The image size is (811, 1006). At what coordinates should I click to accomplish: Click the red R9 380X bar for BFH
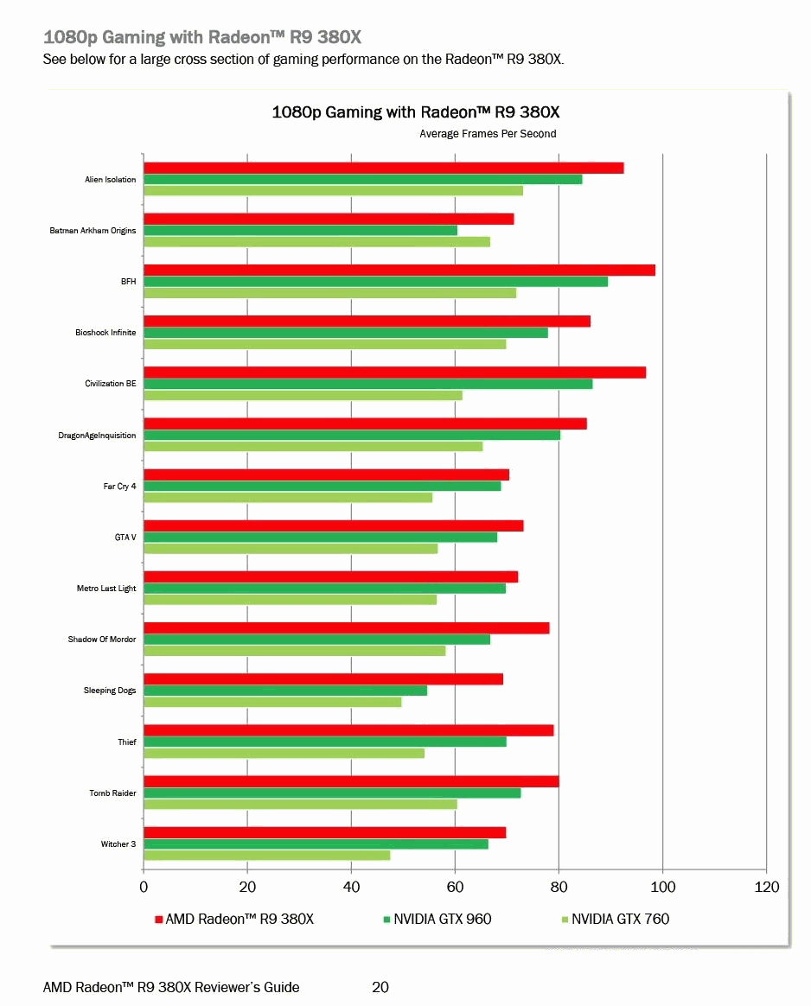399,270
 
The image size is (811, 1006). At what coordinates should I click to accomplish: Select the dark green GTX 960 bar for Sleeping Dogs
285,691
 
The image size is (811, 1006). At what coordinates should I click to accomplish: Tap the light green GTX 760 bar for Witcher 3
266,856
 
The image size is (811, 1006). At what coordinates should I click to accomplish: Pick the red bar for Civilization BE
394,372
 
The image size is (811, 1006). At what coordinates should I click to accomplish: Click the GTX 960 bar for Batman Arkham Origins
300,230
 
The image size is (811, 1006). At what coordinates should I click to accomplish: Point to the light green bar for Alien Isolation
333,191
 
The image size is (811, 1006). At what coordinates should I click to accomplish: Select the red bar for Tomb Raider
351,781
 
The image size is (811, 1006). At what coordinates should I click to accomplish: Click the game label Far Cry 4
119,487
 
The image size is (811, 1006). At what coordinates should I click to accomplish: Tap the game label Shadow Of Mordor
102,640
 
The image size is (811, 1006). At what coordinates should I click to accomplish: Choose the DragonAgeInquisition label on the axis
97,436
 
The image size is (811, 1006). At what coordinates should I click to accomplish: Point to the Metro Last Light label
106,589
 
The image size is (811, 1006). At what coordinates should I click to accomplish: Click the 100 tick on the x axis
663,888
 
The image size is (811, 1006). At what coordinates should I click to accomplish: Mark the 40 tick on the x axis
351,888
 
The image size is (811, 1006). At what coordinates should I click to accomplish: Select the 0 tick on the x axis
144,888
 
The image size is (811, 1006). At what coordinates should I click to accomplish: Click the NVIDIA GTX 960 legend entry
442,919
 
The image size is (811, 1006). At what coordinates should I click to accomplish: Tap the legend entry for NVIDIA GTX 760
620,919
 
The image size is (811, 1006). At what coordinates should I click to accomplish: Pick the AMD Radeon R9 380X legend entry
239,919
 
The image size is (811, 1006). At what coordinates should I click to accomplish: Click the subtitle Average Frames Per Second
488,134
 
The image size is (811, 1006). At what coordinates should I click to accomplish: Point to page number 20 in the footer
380,987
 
